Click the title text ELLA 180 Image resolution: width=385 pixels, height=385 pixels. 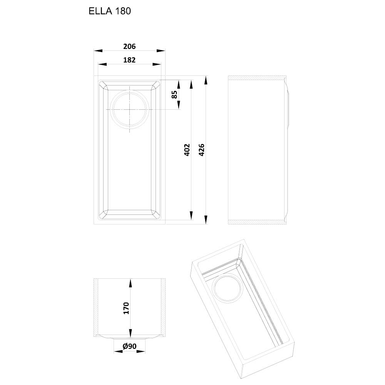pyautogui.click(x=110, y=11)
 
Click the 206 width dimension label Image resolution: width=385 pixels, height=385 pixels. pyautogui.click(x=129, y=47)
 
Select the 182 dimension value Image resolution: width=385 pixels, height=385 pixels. pyautogui.click(x=129, y=60)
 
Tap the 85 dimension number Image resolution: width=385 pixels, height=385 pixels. pyautogui.click(x=174, y=95)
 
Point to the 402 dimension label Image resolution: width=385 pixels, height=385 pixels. pyautogui.click(x=187, y=150)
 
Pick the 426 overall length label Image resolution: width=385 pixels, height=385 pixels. pyautogui.click(x=201, y=150)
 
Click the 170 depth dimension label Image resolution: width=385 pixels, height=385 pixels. pyautogui.click(x=126, y=308)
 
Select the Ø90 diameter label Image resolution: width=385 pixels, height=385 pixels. pyautogui.click(x=129, y=346)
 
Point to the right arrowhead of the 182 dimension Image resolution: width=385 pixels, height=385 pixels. pyautogui.click(x=157, y=64)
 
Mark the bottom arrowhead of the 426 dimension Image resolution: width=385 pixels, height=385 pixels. pyautogui.click(x=206, y=220)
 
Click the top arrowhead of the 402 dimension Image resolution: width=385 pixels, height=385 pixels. pyautogui.click(x=191, y=84)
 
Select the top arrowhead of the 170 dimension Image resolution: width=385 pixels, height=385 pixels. pyautogui.click(x=130, y=283)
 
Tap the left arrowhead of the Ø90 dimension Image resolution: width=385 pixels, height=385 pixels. pyautogui.click(x=118, y=352)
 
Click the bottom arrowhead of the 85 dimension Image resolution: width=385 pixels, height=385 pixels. pyautogui.click(x=179, y=105)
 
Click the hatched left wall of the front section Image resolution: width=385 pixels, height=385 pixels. pyautogui.click(x=96, y=307)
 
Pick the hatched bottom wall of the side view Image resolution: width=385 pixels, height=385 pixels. pyautogui.click(x=256, y=222)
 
